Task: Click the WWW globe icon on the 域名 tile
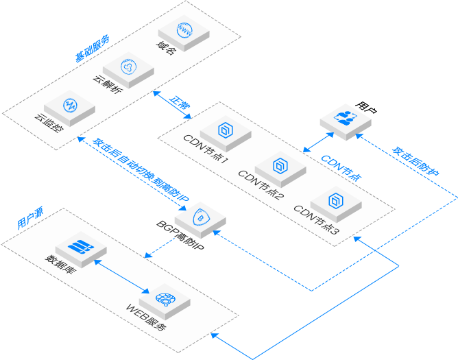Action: pyautogui.click(x=184, y=29)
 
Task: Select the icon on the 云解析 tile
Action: pyautogui.click(x=128, y=67)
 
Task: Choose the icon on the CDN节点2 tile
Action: pyautogui.click(x=280, y=165)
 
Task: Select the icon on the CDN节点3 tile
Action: pyautogui.click(x=335, y=200)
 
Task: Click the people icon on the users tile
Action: pyautogui.click(x=346, y=116)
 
